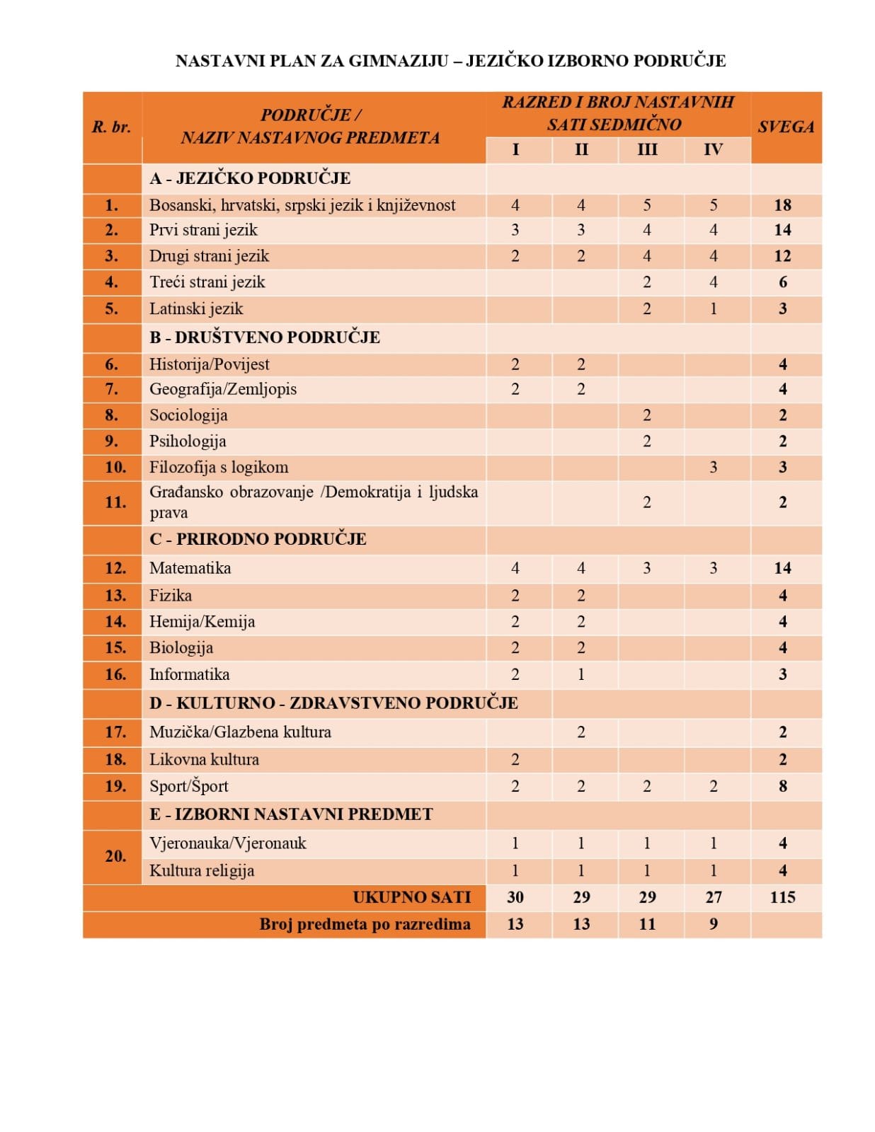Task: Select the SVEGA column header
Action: click(786, 127)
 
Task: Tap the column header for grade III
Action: click(647, 150)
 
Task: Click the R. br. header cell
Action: click(112, 127)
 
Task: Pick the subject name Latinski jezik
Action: click(196, 309)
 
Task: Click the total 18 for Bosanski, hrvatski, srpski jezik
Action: click(782, 205)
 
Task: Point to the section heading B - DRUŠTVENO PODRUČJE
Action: click(265, 337)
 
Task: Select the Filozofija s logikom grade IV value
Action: click(713, 468)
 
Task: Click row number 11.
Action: click(115, 502)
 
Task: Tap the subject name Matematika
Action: click(190, 568)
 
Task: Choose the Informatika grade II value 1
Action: click(581, 674)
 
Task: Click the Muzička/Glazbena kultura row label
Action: click(240, 732)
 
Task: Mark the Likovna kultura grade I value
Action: click(515, 760)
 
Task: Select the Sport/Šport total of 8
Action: click(782, 787)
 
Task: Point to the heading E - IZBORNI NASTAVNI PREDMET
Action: click(291, 814)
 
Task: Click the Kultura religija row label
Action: click(202, 871)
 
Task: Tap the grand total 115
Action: click(782, 898)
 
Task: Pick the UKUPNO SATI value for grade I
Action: click(515, 898)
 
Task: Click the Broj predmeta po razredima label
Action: click(365, 925)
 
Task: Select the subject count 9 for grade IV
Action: click(713, 925)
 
